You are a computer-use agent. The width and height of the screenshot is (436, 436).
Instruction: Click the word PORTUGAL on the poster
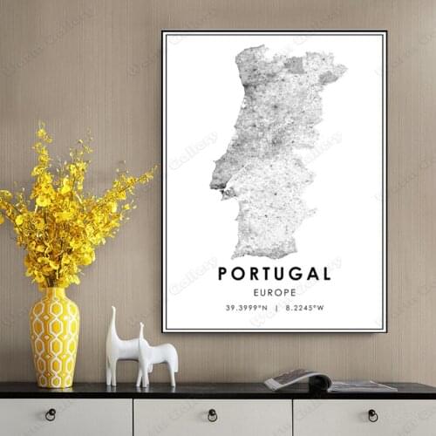tap(274, 273)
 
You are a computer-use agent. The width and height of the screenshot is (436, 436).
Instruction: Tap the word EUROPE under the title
tap(274, 292)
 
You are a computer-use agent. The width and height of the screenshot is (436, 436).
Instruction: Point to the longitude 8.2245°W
tap(303, 307)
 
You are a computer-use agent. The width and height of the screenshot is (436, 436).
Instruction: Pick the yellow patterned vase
tap(54, 338)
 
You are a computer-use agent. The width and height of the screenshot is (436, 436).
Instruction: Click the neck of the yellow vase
tap(54, 296)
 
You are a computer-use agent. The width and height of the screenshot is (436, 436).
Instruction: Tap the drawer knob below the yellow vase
tap(51, 414)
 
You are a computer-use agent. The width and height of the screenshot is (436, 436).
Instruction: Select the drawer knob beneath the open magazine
tap(373, 414)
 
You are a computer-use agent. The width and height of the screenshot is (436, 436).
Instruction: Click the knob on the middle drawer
tap(212, 414)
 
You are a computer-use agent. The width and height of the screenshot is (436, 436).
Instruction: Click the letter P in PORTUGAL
tap(223, 273)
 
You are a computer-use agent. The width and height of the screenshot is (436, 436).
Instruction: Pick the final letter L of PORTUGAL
tap(326, 273)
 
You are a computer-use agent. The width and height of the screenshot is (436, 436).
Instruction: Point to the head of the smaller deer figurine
tap(142, 330)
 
